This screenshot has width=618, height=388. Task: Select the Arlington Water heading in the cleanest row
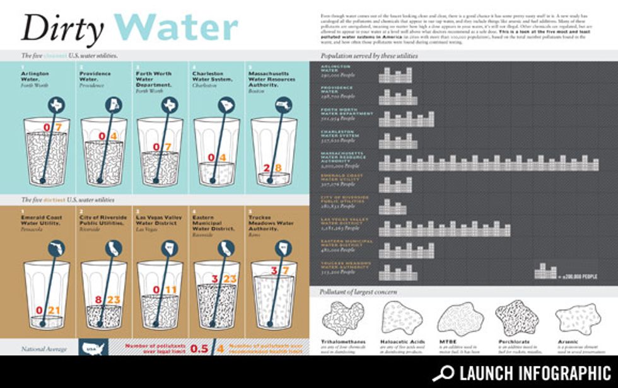click(x=34, y=76)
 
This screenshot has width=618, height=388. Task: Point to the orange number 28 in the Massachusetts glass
click(x=273, y=168)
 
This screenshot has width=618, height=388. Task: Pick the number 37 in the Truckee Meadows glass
click(x=279, y=271)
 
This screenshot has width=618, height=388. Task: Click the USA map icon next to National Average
click(x=93, y=348)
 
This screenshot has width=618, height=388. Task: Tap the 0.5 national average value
click(x=199, y=348)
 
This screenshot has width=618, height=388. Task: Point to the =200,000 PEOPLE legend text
click(x=578, y=276)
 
